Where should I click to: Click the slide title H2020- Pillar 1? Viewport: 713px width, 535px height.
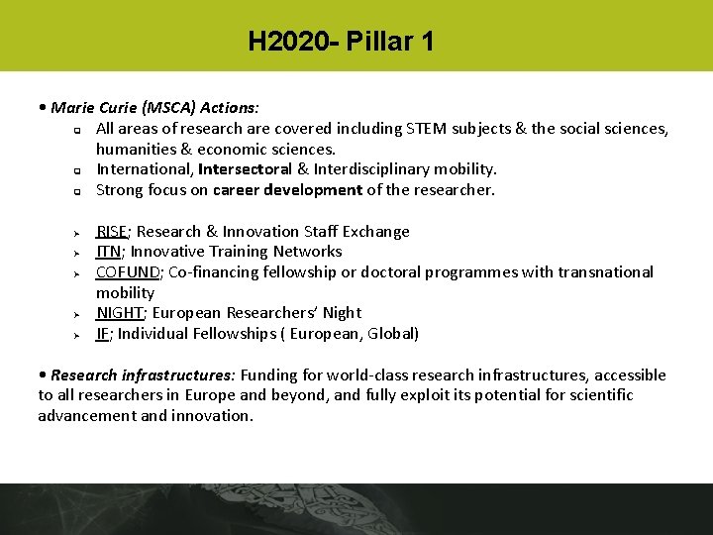point(341,42)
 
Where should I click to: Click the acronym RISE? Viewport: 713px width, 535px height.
point(112,231)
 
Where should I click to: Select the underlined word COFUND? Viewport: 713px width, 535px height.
point(128,271)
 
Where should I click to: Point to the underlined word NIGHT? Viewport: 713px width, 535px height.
point(119,313)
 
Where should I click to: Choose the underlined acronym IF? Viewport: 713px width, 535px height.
point(102,334)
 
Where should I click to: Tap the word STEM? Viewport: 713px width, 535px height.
point(428,129)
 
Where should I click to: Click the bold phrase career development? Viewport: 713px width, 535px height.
point(287,190)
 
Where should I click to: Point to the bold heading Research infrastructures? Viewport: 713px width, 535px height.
point(143,374)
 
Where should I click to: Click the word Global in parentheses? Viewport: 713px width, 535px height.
point(391,334)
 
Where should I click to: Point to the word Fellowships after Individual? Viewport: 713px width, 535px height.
point(232,334)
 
